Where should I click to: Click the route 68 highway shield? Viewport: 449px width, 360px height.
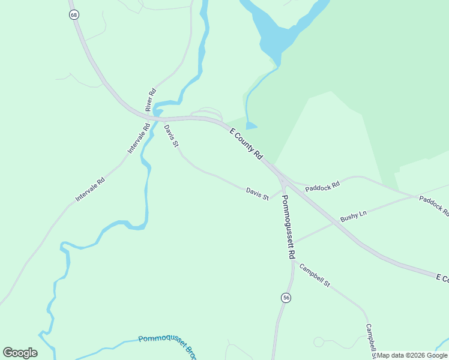click(74, 14)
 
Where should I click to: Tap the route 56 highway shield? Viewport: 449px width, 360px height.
click(286, 298)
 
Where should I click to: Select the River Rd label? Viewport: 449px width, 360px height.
click(151, 100)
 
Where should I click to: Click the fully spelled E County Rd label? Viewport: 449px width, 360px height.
click(246, 143)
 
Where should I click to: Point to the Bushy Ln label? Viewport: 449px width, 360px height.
click(353, 217)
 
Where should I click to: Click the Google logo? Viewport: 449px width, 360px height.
click(20, 353)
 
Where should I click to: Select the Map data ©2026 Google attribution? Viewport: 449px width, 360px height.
click(412, 356)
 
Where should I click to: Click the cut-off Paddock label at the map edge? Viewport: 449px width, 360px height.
click(433, 205)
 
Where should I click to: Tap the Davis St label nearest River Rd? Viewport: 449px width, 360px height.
click(171, 137)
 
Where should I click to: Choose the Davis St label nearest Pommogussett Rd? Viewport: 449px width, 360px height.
click(257, 193)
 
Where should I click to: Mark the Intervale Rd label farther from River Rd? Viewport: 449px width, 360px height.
click(90, 189)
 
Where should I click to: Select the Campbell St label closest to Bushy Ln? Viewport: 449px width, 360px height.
click(315, 275)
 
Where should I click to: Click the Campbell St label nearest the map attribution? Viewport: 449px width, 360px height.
click(370, 341)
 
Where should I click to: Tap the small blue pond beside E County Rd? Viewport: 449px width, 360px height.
click(251, 125)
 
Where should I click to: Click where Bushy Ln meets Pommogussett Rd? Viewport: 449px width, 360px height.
click(292, 243)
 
